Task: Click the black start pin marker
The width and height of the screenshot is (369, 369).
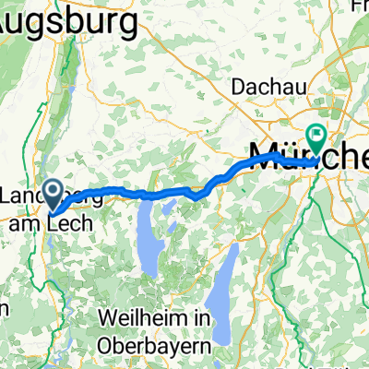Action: (x=54, y=192)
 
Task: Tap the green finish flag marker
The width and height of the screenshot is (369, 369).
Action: (x=316, y=137)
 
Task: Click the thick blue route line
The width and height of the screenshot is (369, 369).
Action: (x=148, y=195)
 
